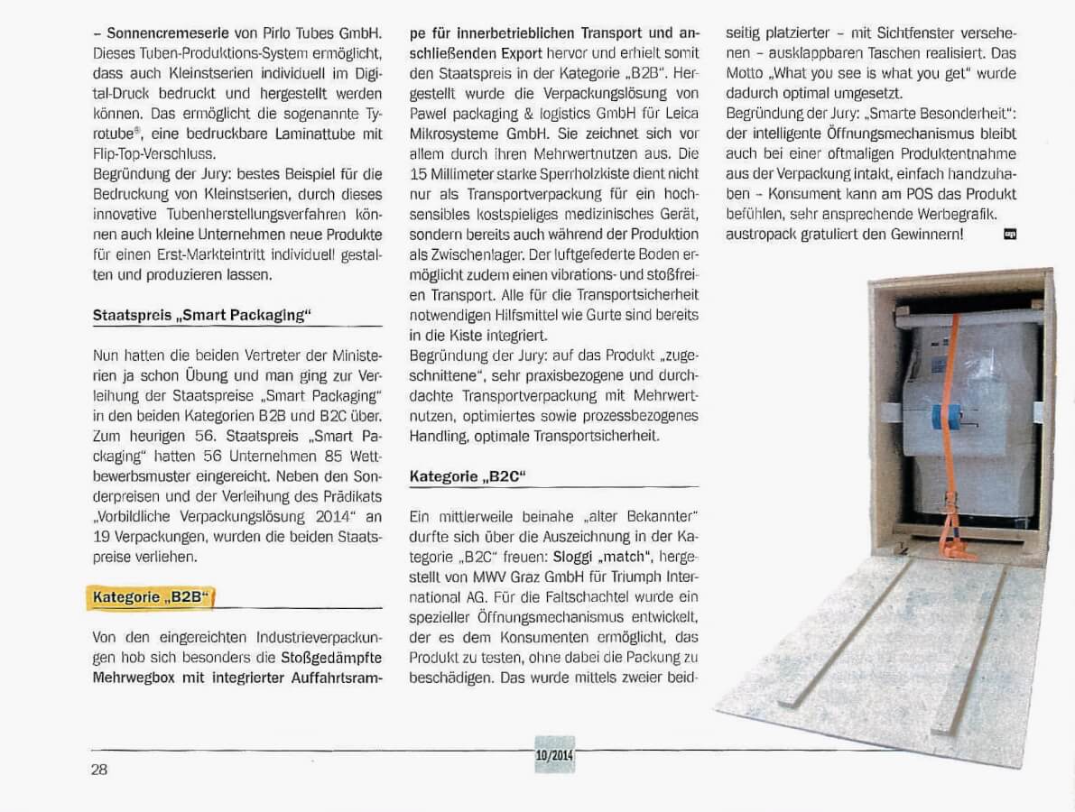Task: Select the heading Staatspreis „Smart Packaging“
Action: click(201, 315)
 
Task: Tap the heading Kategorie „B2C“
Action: click(467, 476)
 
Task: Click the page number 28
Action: click(99, 770)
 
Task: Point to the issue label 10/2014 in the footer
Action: click(554, 754)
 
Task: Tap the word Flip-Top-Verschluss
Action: click(153, 154)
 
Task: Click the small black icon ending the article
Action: click(1009, 235)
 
